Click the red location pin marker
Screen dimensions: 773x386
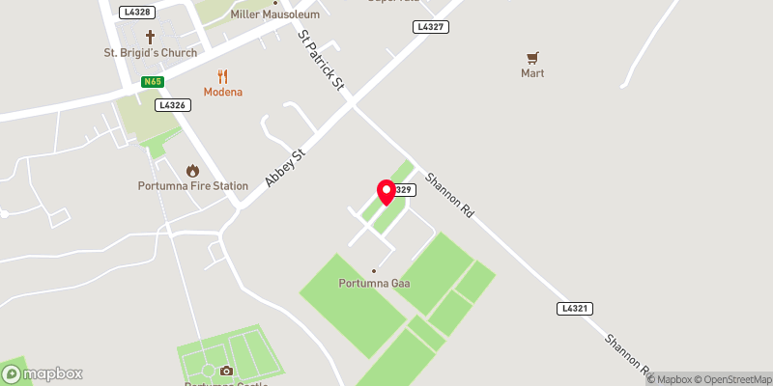(386, 192)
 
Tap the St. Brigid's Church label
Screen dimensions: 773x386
(151, 53)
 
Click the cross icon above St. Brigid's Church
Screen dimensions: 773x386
(151, 36)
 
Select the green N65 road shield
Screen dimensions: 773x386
(152, 82)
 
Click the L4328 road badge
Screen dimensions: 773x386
(137, 12)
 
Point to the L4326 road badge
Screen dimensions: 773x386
(173, 104)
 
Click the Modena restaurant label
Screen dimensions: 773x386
(222, 92)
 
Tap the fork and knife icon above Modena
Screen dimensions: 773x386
(222, 75)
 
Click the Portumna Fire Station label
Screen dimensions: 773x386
(192, 185)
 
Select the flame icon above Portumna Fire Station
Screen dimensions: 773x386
(192, 169)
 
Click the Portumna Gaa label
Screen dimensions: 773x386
(373, 283)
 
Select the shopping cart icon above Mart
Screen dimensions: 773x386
(532, 58)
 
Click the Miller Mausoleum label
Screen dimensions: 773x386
(274, 16)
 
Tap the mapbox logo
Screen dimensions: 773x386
(43, 373)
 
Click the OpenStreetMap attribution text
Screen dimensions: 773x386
(726, 378)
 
